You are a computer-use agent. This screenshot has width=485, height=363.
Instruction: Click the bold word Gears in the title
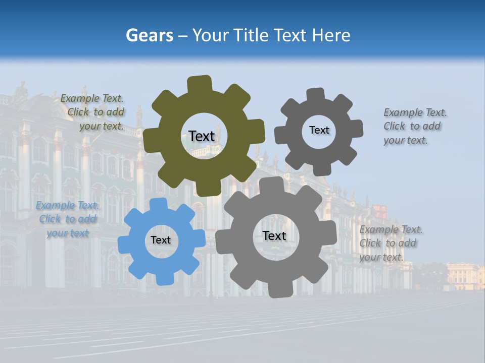[x=150, y=35]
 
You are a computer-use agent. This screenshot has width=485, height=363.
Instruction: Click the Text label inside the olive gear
[x=202, y=136]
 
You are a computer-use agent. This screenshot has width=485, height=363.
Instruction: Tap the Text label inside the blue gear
[x=161, y=240]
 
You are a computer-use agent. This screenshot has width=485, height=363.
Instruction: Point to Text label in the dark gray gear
[x=319, y=130]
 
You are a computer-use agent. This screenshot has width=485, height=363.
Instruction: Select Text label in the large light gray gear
[x=274, y=235]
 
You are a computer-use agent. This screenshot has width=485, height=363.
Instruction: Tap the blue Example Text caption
[x=68, y=219]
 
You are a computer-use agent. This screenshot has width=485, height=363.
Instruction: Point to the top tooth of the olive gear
[x=200, y=84]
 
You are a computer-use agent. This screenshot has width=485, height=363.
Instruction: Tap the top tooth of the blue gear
[x=158, y=204]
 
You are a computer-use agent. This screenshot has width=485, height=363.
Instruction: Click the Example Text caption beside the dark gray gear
[x=414, y=126]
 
